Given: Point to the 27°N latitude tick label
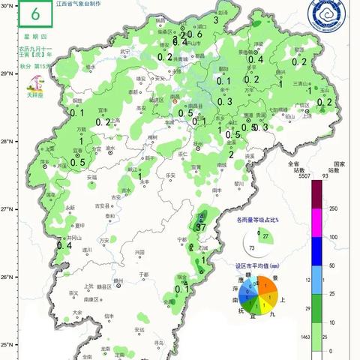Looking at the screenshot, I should [x=7, y=209].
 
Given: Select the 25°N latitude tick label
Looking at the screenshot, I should [x=7, y=346].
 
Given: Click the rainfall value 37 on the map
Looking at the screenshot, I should [x=200, y=227].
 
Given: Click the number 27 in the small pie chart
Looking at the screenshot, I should [x=265, y=236].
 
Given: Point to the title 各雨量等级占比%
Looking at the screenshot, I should [x=257, y=220].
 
